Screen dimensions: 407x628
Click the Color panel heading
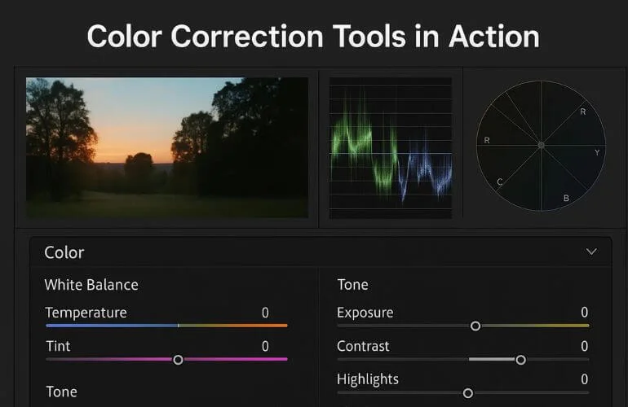pyautogui.click(x=64, y=252)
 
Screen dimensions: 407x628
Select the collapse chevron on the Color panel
pyautogui.click(x=592, y=252)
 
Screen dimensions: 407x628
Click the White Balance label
pyautogui.click(x=91, y=285)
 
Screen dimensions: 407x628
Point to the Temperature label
pyautogui.click(x=86, y=313)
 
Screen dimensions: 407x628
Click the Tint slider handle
pyautogui.click(x=178, y=359)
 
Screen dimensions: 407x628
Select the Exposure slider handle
pyautogui.click(x=475, y=326)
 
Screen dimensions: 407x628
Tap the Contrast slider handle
pyautogui.click(x=520, y=359)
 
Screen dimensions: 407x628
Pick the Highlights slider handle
pyautogui.click(x=468, y=392)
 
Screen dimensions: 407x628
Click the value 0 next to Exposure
pyautogui.click(x=584, y=313)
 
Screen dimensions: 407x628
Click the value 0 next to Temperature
pyautogui.click(x=265, y=313)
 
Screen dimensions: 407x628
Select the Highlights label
pyautogui.click(x=368, y=379)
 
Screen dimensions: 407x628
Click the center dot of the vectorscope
pyautogui.click(x=540, y=146)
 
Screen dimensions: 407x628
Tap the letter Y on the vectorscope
pyautogui.click(x=596, y=152)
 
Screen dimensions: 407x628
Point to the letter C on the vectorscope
pyautogui.click(x=499, y=182)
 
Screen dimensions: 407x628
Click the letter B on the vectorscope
pyautogui.click(x=566, y=198)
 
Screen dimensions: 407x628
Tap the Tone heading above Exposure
pyautogui.click(x=352, y=285)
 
